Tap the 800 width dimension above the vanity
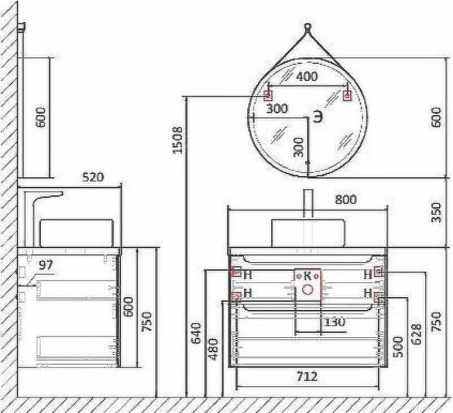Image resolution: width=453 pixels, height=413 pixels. click(x=346, y=199)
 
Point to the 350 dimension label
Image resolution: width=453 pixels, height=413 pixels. click(x=437, y=212)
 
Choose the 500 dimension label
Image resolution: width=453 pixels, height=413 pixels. click(x=399, y=347)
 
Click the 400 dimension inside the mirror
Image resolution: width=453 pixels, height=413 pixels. click(x=307, y=77)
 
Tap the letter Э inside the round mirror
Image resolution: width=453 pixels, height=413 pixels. click(x=317, y=117)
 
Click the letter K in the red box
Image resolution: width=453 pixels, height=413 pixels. click(x=308, y=275)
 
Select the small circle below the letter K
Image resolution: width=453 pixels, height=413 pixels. click(x=308, y=289)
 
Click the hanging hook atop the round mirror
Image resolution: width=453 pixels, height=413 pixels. click(x=307, y=28)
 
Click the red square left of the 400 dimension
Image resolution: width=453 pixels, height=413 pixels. click(x=267, y=95)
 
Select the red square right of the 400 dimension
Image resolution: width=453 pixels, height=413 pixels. click(x=347, y=96)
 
